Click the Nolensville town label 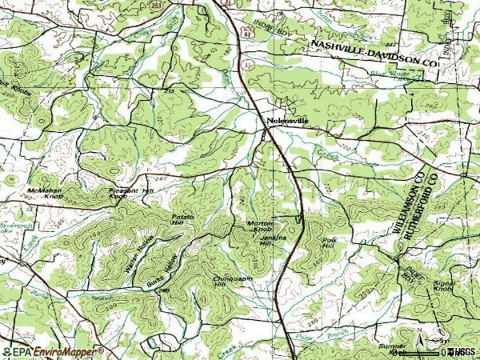pyautogui.click(x=286, y=121)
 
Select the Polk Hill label pyautogui.click(x=327, y=242)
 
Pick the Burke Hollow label pyautogui.click(x=161, y=273)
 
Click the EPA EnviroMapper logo pyautogui.click(x=53, y=351)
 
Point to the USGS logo pyautogui.click(x=462, y=351)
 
